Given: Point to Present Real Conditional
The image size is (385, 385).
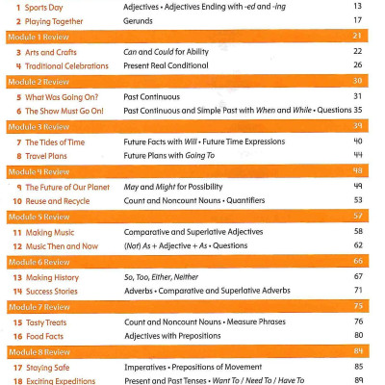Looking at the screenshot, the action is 167,64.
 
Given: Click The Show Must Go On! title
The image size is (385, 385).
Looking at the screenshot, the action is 66,109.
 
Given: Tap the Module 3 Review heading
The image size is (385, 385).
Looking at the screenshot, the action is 36,125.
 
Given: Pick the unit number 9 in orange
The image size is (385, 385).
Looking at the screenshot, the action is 18,186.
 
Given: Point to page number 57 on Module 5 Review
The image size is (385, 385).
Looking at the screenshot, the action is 357,216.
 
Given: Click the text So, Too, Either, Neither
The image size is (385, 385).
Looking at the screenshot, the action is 162,276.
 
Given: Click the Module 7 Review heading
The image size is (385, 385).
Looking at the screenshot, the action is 36,306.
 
